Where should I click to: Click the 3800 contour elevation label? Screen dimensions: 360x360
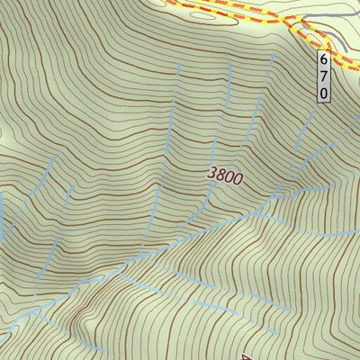224,177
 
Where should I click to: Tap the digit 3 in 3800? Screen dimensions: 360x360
212,175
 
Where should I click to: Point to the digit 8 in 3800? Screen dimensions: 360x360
220,176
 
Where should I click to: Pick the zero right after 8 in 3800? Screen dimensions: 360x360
229,178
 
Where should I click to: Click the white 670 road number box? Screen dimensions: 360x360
324,75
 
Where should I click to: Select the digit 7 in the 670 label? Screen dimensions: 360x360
324,75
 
